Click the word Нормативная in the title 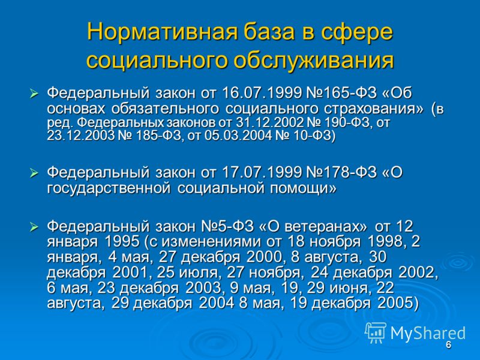tap(163, 32)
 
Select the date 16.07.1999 tap(262, 93)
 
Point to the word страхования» tap(374, 109)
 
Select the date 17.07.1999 tap(262, 173)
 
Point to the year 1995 tap(122, 242)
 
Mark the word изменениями tap(211, 242)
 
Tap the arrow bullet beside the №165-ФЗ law tap(34, 94)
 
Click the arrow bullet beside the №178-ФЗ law tap(34, 173)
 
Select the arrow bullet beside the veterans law tap(34, 227)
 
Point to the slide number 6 tap(448, 345)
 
